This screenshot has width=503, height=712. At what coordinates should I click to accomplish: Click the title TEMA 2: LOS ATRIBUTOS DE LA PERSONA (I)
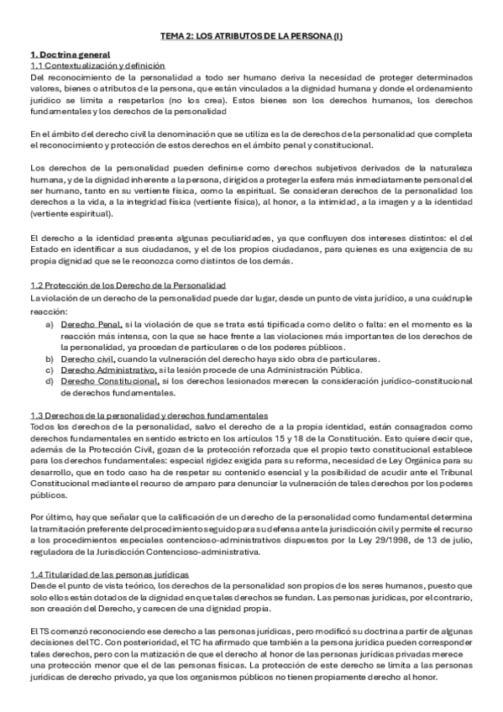[251, 37]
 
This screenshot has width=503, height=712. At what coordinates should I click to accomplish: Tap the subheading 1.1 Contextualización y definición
[97, 65]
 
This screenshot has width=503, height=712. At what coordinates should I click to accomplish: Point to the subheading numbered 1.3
[149, 416]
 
